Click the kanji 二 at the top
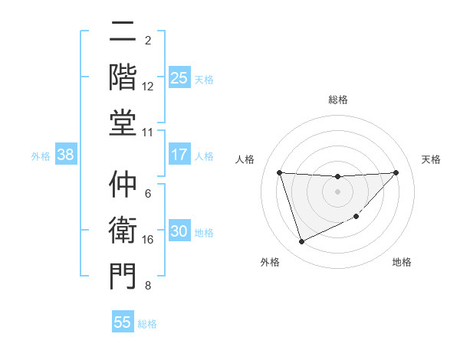[x=123, y=32]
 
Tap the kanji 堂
[x=123, y=122]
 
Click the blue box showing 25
[x=179, y=78]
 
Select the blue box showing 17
[x=179, y=155]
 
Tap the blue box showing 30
[x=179, y=231]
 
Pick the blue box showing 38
[x=66, y=155]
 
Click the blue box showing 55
[x=123, y=322]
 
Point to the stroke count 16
[x=148, y=240]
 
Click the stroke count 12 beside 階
[x=148, y=87]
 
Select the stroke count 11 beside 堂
[x=148, y=133]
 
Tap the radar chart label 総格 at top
[x=338, y=100]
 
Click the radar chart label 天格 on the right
[x=431, y=159]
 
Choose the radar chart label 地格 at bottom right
[x=402, y=263]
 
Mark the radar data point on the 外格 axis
[x=301, y=242]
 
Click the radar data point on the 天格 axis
[x=396, y=172]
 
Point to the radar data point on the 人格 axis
[x=280, y=172]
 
